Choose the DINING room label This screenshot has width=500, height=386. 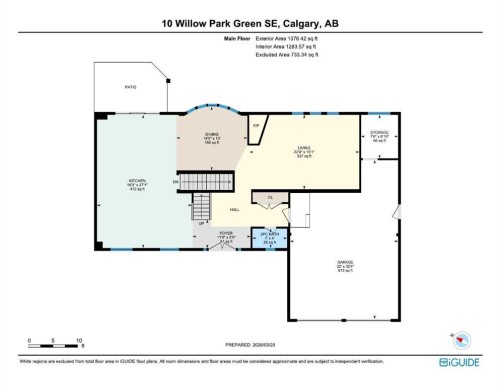click(x=209, y=140)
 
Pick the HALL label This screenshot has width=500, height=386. click(x=234, y=210)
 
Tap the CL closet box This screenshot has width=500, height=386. click(x=269, y=198)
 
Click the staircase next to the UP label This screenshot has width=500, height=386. click(x=203, y=207)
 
